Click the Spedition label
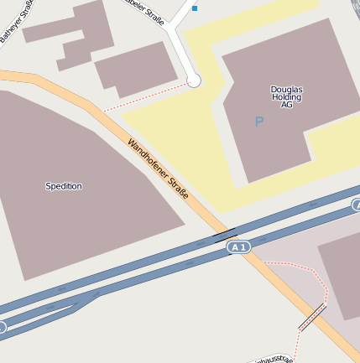click(64, 186)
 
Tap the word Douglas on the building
click(286, 88)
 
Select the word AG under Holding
click(286, 105)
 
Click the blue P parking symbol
click(258, 122)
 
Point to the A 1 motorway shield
click(239, 246)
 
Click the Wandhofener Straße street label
click(158, 169)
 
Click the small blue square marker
click(195, 8)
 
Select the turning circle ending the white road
click(194, 80)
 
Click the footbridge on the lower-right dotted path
click(311, 316)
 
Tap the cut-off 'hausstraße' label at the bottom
click(273, 359)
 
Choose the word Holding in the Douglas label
click(286, 96)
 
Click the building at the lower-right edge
click(340, 277)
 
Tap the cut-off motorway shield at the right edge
click(356, 205)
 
